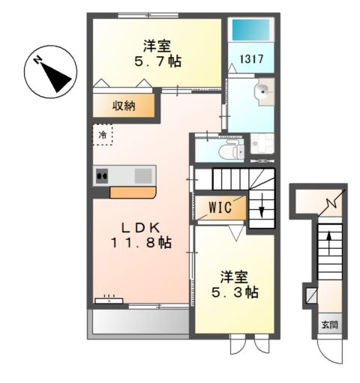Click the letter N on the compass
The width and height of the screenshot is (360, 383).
[38, 60]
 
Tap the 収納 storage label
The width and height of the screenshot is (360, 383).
[124, 106]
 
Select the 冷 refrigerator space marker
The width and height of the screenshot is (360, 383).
[103, 135]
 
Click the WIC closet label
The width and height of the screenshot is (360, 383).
[220, 207]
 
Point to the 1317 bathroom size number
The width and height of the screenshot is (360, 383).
[252, 59]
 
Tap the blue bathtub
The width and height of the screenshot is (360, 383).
[251, 29]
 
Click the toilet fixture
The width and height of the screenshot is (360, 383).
[232, 150]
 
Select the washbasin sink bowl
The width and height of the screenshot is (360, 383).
[262, 91]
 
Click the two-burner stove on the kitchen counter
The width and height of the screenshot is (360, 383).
[102, 176]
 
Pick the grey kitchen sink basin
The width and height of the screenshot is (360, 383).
[143, 176]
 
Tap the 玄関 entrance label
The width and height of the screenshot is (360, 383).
[329, 325]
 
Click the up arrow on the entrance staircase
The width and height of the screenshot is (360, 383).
[329, 244]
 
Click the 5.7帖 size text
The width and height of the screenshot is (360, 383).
[158, 61]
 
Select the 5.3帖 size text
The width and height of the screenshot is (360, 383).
[235, 292]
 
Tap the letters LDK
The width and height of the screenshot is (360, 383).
[140, 227]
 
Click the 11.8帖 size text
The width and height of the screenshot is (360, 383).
[141, 242]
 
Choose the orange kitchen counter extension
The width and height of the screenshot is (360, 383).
[133, 193]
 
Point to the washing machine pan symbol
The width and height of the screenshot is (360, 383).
[262, 143]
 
